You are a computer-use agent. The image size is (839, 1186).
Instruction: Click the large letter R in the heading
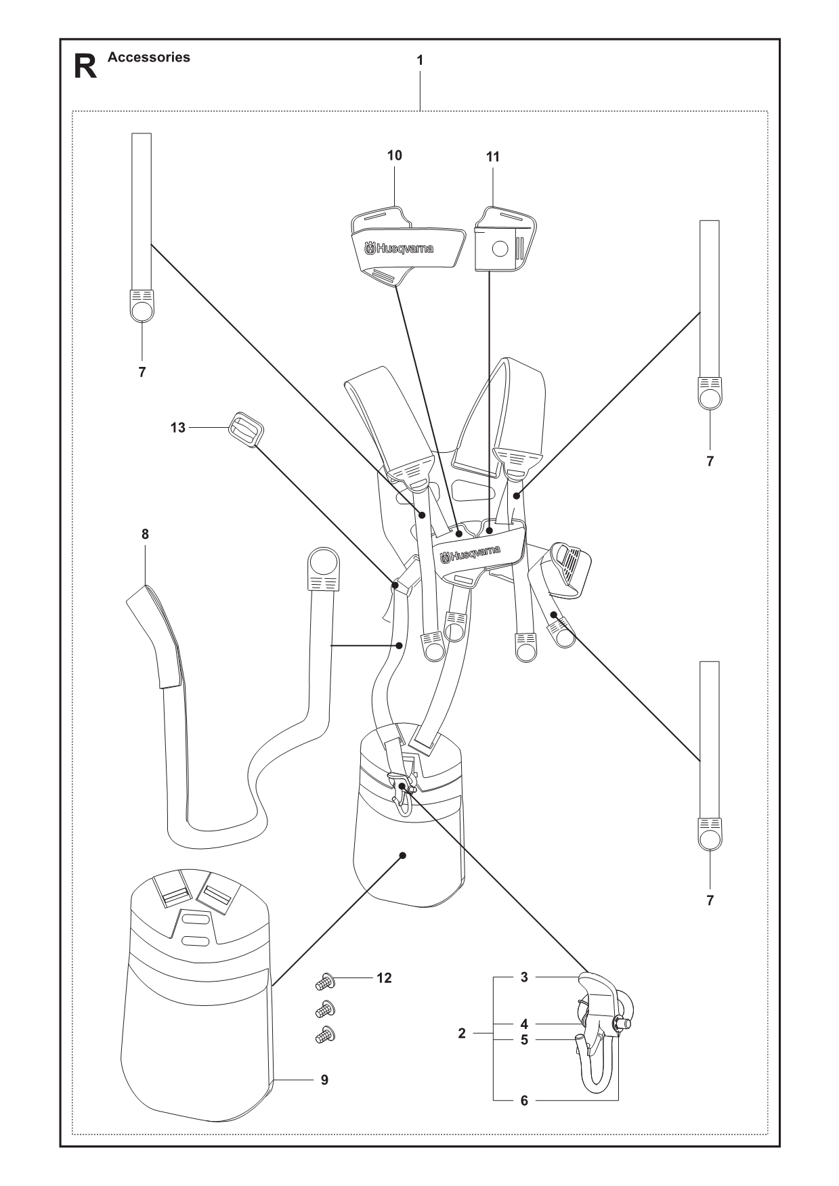pos(85,67)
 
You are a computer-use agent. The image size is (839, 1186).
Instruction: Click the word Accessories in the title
pos(149,58)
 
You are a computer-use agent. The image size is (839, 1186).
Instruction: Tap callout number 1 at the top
pos(420,60)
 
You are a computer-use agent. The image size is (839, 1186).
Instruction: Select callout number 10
pos(394,156)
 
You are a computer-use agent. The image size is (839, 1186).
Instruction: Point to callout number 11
pos(492,157)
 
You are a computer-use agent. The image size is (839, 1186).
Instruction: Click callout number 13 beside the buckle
pos(177,428)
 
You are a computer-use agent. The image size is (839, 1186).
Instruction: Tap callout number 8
pos(145,534)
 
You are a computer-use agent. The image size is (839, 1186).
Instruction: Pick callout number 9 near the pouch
pos(324,1080)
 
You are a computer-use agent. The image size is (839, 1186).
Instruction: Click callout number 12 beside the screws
pos(384,979)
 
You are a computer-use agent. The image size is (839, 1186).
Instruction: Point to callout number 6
pos(524,1101)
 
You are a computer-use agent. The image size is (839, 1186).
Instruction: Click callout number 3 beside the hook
pos(524,978)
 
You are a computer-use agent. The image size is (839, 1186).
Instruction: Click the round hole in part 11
pos(500,249)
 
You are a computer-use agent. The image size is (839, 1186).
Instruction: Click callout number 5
pos(524,1040)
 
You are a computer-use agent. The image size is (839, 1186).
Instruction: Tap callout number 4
pos(524,1025)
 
